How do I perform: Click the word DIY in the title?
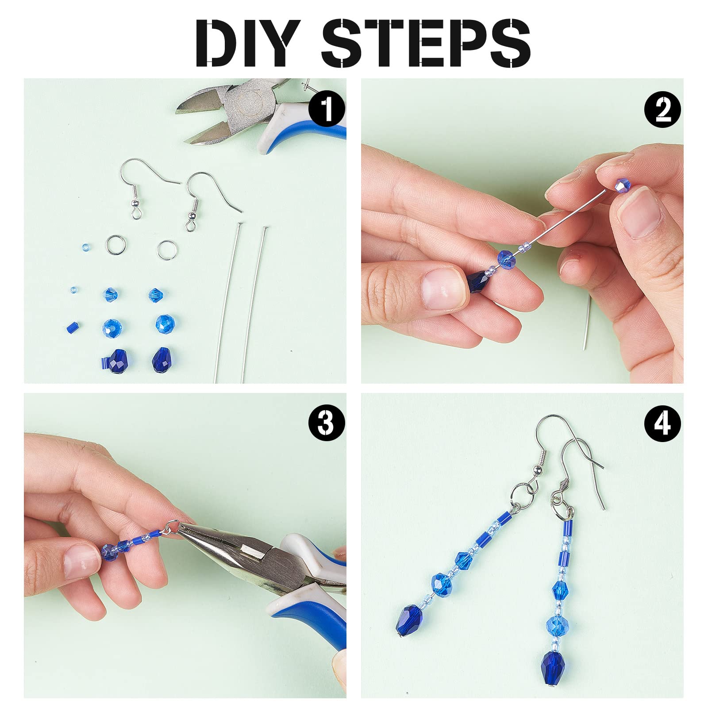(x=246, y=43)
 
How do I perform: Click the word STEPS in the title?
(x=426, y=43)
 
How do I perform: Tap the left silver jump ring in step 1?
(x=116, y=244)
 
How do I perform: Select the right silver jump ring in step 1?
(x=166, y=250)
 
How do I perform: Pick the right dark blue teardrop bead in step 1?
(x=161, y=359)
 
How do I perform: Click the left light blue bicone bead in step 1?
(x=111, y=294)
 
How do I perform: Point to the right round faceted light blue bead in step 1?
(x=165, y=324)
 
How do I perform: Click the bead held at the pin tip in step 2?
(x=622, y=185)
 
